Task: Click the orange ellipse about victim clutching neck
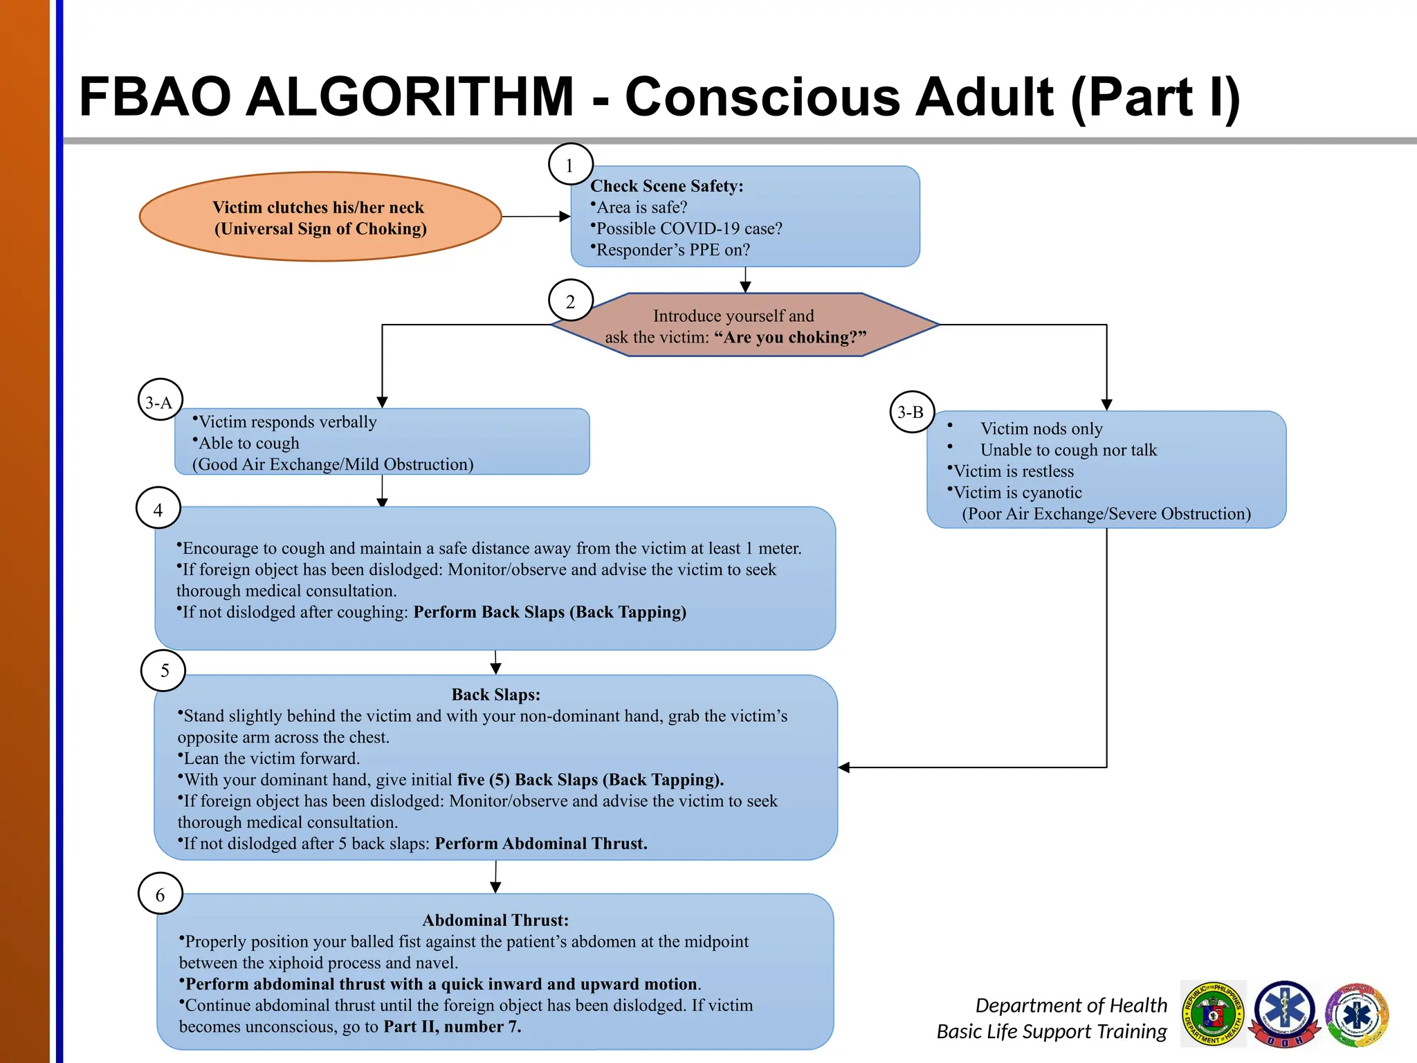point(320,217)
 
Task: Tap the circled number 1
point(570,165)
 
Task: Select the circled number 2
point(570,301)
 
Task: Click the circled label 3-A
point(160,402)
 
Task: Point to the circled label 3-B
point(911,412)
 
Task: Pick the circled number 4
point(158,509)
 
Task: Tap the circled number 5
point(164,670)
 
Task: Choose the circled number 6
point(161,894)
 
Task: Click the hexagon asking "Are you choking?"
point(744,325)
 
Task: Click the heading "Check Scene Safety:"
point(666,186)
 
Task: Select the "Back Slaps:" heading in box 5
point(495,694)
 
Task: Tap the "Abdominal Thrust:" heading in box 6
point(495,920)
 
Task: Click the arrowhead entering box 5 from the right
point(844,767)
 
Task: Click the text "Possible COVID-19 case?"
point(688,228)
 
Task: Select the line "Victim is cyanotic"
point(1017,493)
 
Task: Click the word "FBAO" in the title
point(154,97)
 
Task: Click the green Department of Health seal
point(1213,1013)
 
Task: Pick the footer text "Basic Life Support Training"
point(1051,1031)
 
